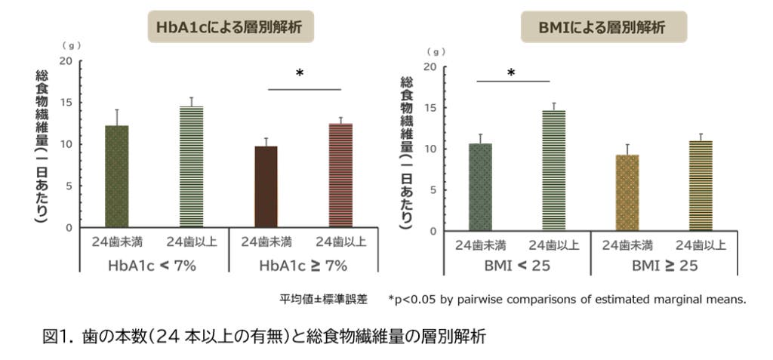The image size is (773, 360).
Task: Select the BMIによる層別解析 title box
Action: point(604,27)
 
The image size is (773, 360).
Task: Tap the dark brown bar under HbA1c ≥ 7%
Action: point(266,186)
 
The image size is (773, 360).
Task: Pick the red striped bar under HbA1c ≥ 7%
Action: point(340,175)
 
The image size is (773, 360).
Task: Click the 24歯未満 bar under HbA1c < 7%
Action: point(116,176)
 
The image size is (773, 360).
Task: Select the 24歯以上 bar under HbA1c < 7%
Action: point(192,167)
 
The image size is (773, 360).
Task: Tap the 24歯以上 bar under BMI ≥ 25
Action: point(701,185)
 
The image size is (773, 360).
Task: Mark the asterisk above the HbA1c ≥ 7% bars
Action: point(300,74)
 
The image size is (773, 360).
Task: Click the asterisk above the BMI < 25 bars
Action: point(511,73)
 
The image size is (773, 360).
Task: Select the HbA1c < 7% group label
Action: point(154,266)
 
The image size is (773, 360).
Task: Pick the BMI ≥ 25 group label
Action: point(664,266)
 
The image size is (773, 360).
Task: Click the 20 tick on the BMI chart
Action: point(431,66)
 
